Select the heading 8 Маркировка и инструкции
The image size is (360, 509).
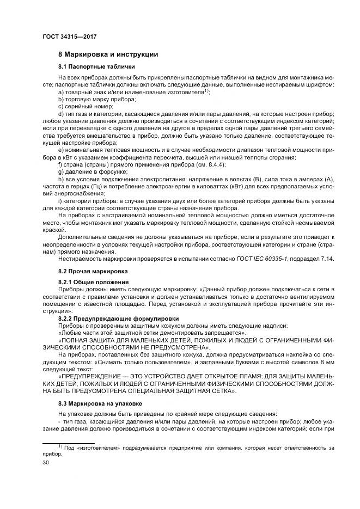click(108, 54)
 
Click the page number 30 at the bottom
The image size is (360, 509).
click(46, 462)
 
